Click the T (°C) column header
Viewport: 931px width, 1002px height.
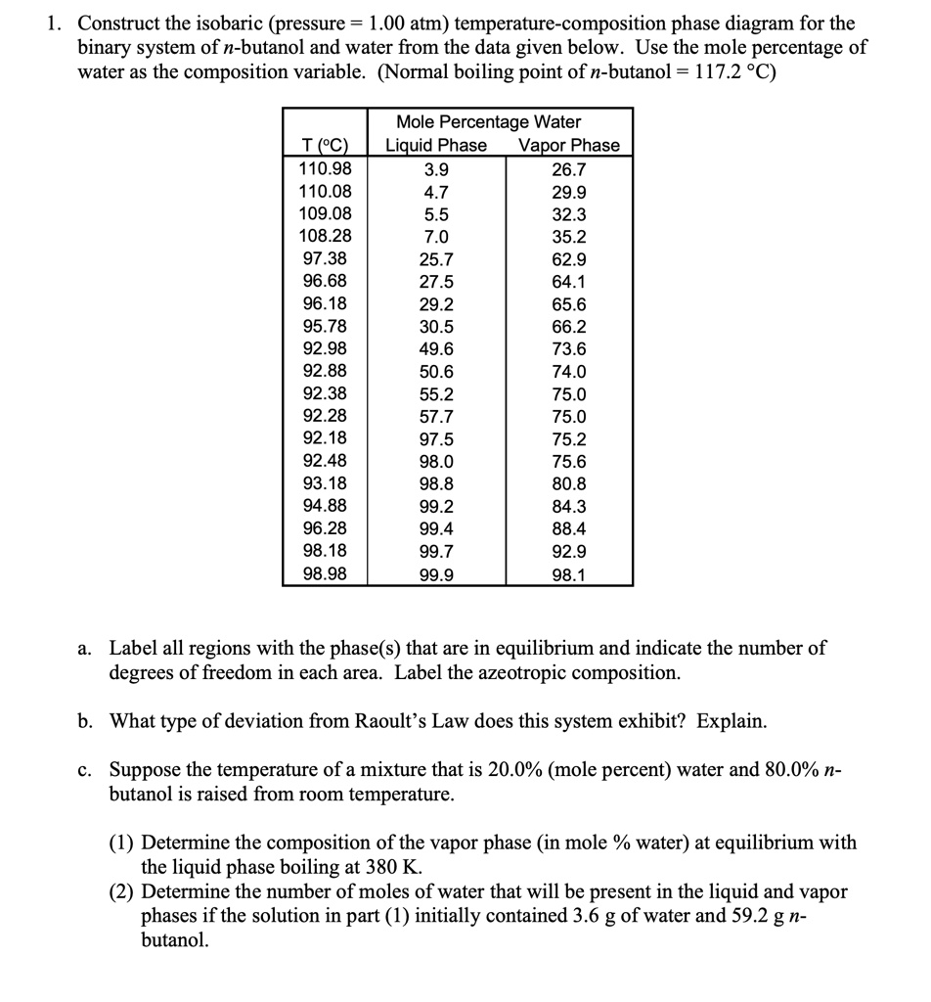[x=325, y=146]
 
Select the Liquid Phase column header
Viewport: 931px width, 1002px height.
[x=436, y=146]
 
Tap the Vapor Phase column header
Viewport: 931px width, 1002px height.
[x=569, y=146]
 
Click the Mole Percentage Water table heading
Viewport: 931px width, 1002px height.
[x=488, y=122]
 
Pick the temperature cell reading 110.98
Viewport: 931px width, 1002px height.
[x=325, y=168]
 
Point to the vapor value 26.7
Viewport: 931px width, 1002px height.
[x=569, y=168]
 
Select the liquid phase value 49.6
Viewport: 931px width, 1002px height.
[x=436, y=349]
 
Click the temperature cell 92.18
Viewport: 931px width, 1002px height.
[x=325, y=438]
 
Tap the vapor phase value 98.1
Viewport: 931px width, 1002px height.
[x=569, y=574]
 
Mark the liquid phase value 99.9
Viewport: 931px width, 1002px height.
[x=436, y=574]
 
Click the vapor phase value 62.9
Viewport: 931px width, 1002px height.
[x=569, y=259]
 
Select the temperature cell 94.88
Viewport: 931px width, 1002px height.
[x=325, y=506]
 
